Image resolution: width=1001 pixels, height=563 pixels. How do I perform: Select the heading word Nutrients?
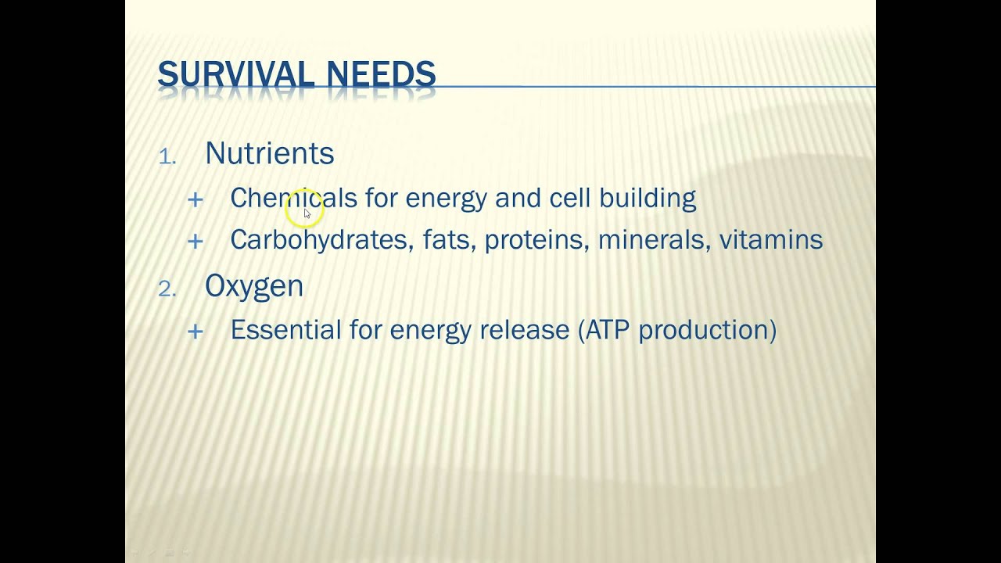[x=269, y=153]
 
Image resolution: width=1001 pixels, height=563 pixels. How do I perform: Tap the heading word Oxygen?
[x=254, y=286]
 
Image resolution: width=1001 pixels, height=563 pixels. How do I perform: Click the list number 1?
[x=167, y=156]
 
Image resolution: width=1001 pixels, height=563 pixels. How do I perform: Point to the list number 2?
[x=167, y=289]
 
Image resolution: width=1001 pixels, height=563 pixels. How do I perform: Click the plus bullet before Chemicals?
[x=196, y=200]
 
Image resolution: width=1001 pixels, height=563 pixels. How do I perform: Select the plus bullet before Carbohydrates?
[x=196, y=241]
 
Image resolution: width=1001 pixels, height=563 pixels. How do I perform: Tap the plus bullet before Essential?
[x=196, y=332]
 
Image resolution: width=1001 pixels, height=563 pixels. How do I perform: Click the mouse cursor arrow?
[x=307, y=213]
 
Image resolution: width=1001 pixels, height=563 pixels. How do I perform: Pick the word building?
[x=648, y=199]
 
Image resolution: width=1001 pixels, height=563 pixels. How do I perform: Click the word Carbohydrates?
[x=319, y=239]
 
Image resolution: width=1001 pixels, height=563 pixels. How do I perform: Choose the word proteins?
[x=536, y=239]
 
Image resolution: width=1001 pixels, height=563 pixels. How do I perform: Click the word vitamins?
[x=770, y=239]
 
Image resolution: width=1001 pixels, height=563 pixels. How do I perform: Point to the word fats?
[x=449, y=239]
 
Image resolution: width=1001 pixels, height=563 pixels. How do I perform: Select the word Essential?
[x=285, y=330]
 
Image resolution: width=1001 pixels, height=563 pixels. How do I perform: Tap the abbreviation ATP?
[x=607, y=330]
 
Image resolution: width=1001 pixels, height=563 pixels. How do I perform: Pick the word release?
[x=524, y=330]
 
